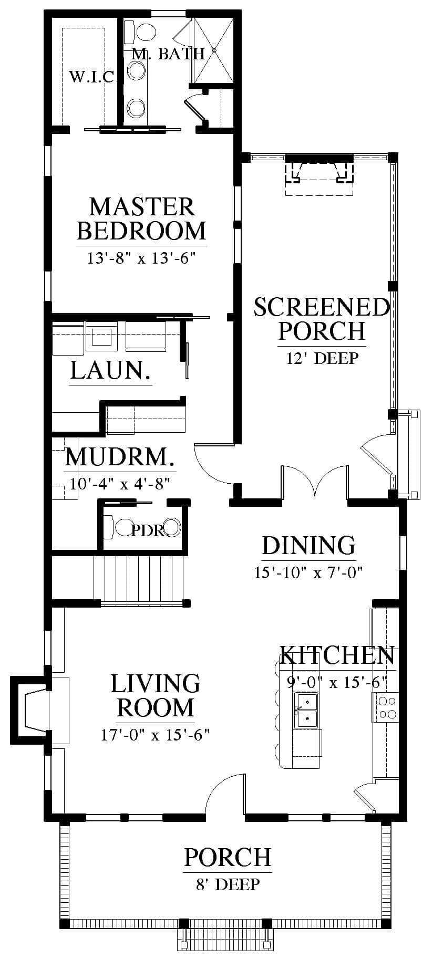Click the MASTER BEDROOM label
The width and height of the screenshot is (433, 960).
tap(141, 218)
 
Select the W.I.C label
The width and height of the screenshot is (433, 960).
tap(92, 78)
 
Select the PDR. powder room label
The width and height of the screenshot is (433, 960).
tap(148, 530)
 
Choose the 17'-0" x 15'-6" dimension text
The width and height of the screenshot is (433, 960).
tap(156, 734)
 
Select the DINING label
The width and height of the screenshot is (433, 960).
tap(309, 545)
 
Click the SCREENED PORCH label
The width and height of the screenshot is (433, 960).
tap(322, 318)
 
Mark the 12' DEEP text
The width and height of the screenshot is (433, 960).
tap(322, 358)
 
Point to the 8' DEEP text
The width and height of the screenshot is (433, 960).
tap(228, 884)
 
